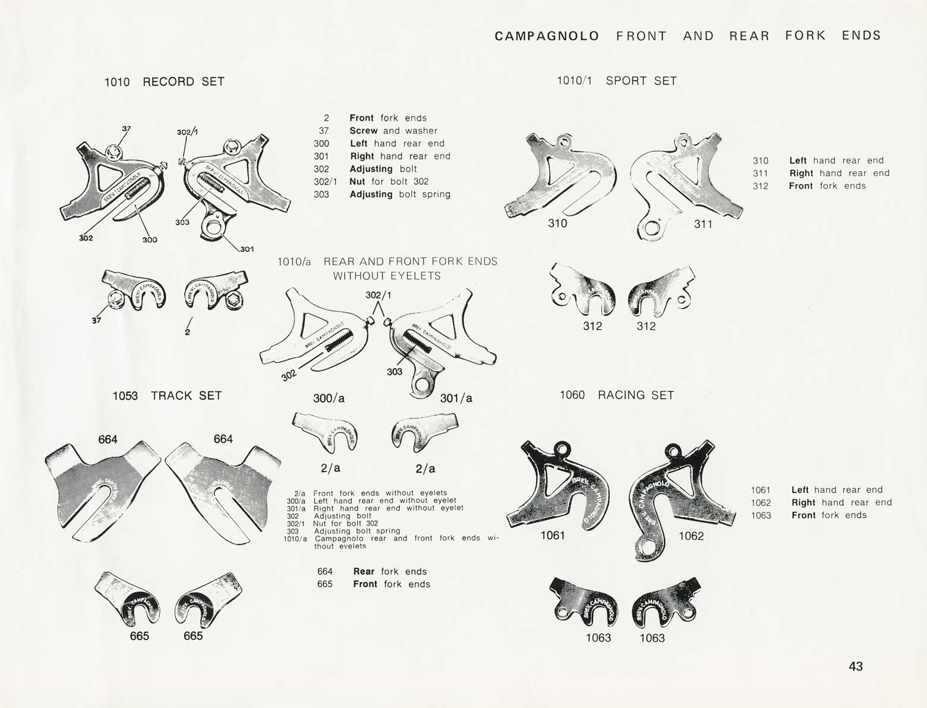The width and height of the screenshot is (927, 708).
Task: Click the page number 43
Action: (856, 666)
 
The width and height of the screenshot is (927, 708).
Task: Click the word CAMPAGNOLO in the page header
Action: (547, 36)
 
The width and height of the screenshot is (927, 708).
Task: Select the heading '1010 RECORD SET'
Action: (164, 82)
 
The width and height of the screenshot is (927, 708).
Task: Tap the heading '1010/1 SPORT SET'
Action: (616, 81)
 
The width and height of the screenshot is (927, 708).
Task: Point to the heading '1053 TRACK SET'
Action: (167, 396)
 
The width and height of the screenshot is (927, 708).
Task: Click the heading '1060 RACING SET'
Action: (617, 395)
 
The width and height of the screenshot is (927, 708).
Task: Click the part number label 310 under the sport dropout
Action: (557, 224)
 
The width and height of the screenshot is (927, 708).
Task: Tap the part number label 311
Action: (703, 224)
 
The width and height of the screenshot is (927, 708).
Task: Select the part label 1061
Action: (553, 536)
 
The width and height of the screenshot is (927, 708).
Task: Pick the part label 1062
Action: (691, 536)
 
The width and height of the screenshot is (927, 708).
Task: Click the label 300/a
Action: (329, 398)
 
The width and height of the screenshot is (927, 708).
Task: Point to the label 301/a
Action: (456, 398)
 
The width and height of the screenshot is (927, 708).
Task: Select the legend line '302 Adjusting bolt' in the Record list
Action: (365, 169)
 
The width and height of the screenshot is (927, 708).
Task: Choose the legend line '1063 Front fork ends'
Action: (809, 515)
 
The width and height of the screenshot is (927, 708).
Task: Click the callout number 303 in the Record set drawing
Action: (182, 222)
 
